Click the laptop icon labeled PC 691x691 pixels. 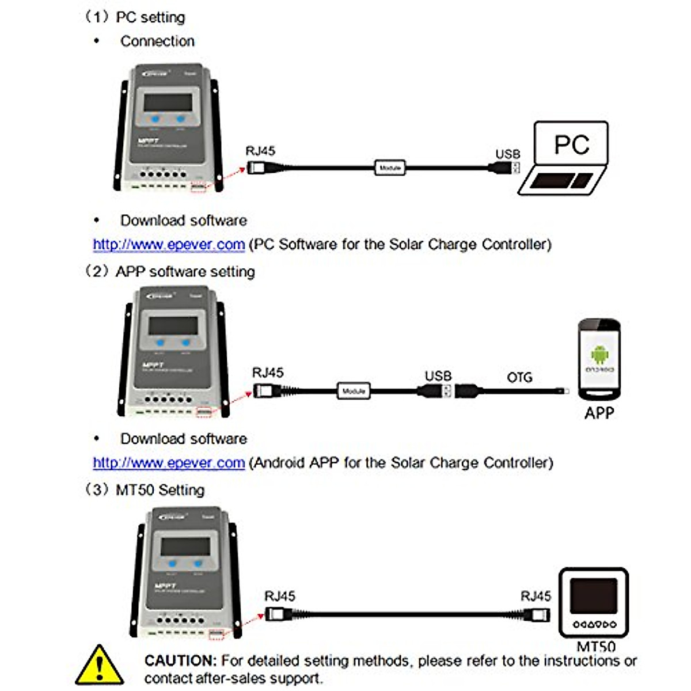click(x=567, y=158)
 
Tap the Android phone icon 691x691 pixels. click(x=599, y=359)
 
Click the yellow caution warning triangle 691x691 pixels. click(x=100, y=666)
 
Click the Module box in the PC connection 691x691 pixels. click(x=390, y=168)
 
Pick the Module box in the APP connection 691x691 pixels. click(x=353, y=391)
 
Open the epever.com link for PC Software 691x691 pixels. click(x=169, y=245)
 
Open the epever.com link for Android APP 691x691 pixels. click(x=169, y=463)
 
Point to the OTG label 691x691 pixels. click(x=519, y=377)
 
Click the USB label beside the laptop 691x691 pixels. click(x=507, y=154)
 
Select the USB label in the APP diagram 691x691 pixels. click(x=438, y=376)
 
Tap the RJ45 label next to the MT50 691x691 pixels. click(x=535, y=596)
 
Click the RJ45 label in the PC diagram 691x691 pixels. click(x=260, y=151)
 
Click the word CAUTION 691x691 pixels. click(x=180, y=660)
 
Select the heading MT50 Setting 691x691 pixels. click(x=160, y=490)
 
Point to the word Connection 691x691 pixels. click(x=157, y=41)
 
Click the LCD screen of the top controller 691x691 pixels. click(x=168, y=102)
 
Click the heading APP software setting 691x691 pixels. click(x=185, y=272)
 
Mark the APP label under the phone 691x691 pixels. click(x=599, y=413)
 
